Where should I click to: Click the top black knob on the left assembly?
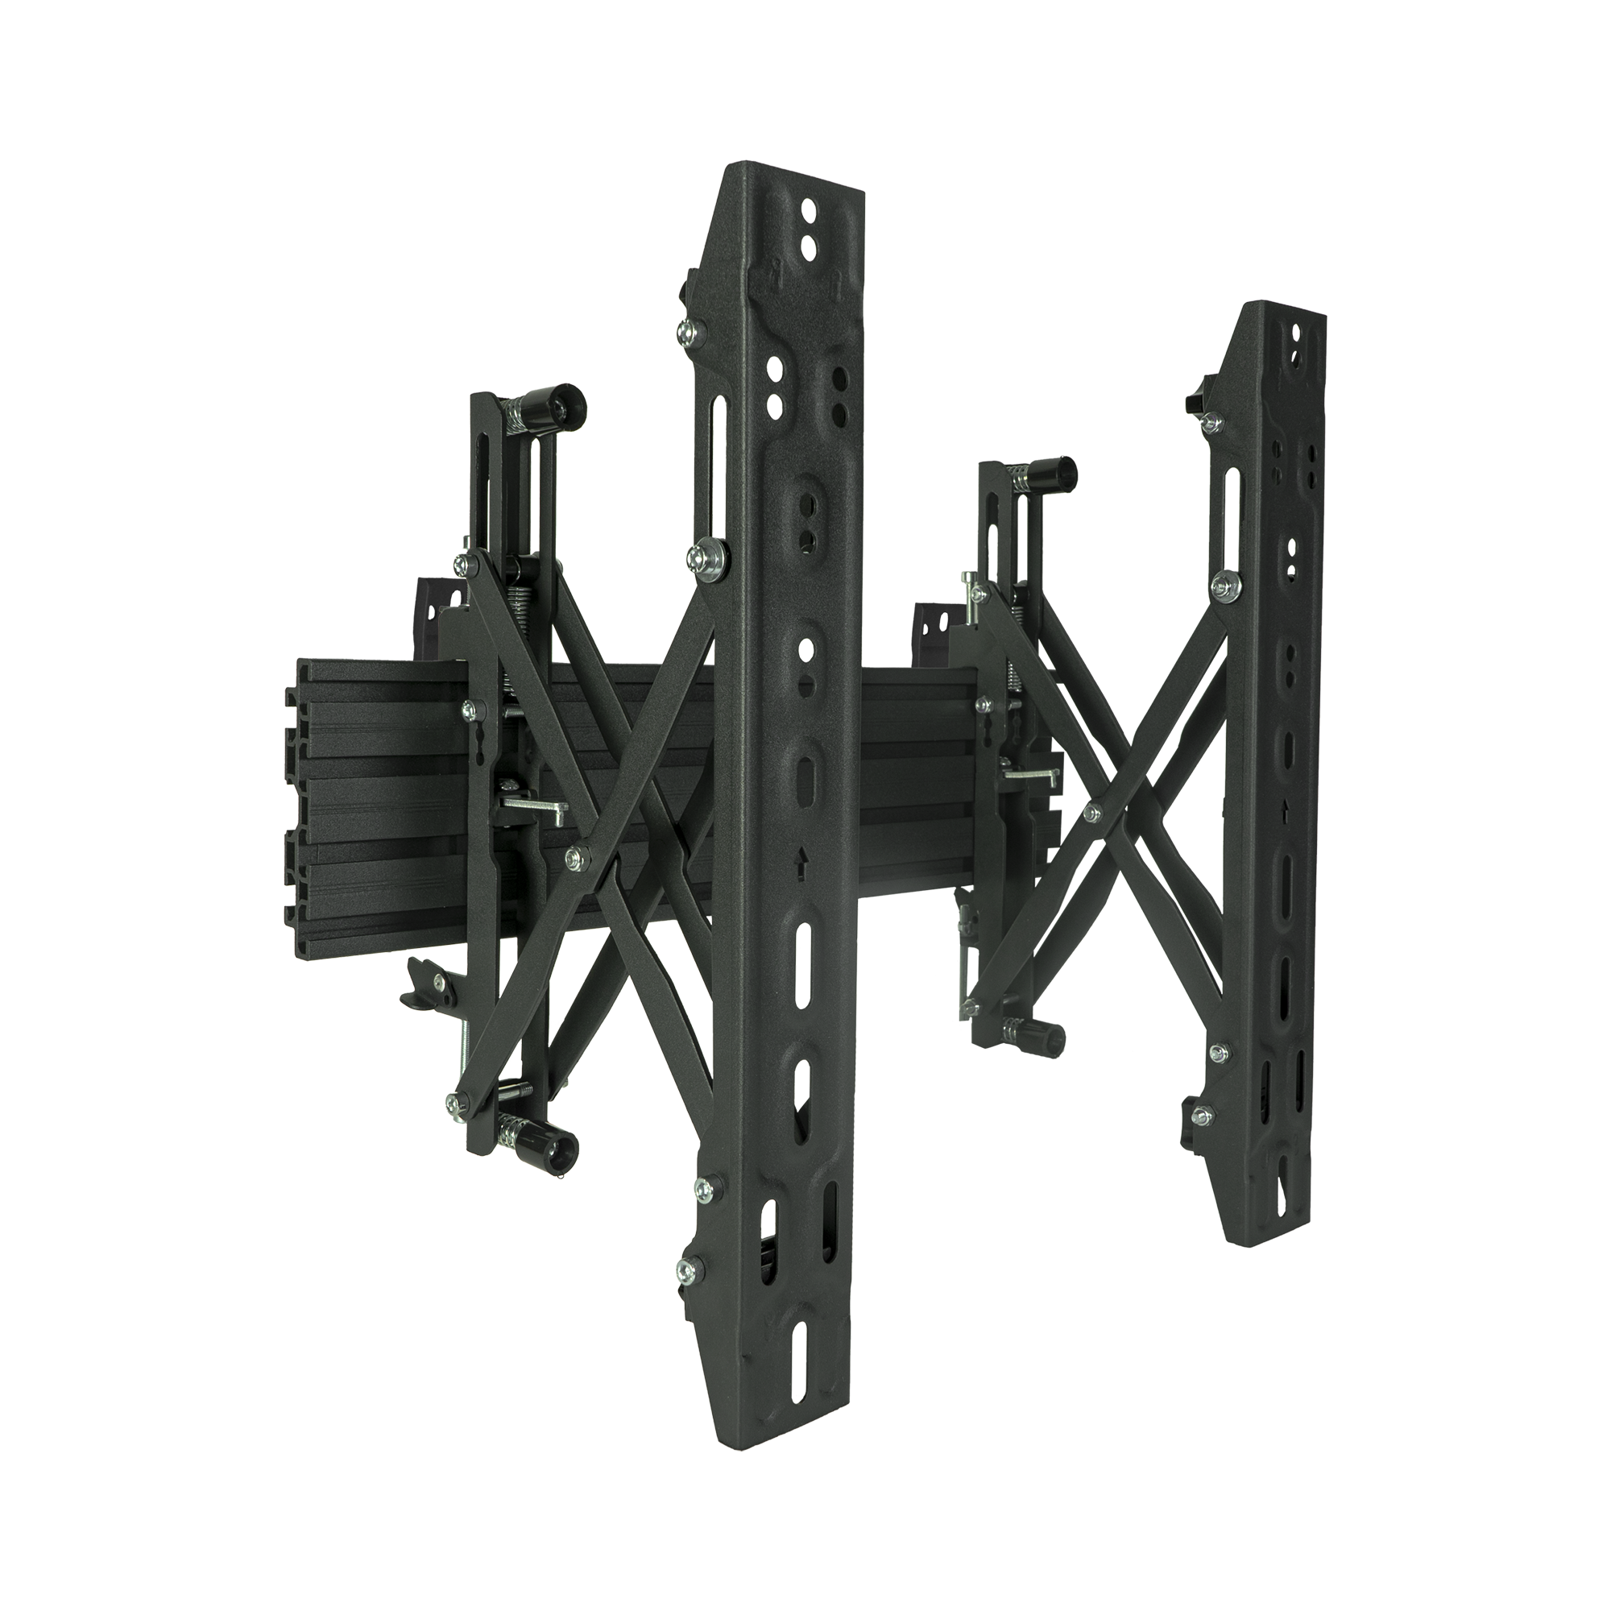562,408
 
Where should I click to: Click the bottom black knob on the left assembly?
553,1153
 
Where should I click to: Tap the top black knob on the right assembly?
1060,476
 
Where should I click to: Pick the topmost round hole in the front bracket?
807,205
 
